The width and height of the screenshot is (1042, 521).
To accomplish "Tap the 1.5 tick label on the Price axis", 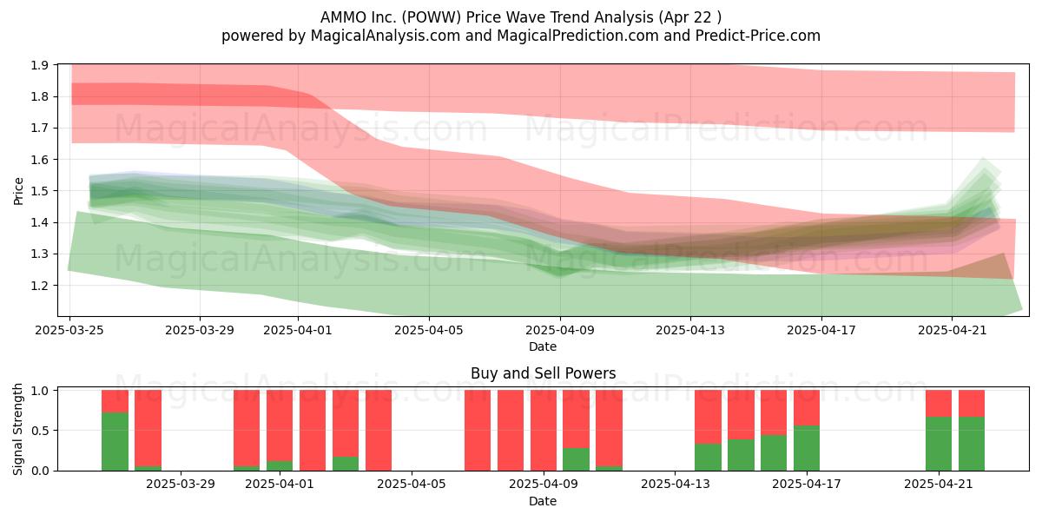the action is [40, 191].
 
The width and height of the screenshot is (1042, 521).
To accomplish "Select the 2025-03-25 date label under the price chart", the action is [69, 330].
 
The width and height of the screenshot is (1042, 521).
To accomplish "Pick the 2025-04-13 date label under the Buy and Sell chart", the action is [675, 485].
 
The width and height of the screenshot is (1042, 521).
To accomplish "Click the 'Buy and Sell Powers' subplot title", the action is [543, 373].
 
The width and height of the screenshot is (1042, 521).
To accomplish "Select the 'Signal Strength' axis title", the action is [17, 429].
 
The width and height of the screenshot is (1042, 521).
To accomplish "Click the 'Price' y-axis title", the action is [18, 191].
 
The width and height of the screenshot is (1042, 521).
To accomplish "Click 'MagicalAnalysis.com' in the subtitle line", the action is [386, 36].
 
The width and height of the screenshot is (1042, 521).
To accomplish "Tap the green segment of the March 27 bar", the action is [115, 441].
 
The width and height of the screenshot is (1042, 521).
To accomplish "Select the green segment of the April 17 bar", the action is [807, 448].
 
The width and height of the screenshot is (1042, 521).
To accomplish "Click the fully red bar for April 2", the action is [313, 431].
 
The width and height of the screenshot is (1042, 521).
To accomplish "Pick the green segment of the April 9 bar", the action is [576, 459].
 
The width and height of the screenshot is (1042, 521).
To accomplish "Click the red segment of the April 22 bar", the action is [972, 403].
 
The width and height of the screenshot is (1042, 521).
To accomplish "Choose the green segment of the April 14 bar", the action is [708, 458].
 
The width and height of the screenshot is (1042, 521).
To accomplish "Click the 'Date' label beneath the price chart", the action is [543, 346].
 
